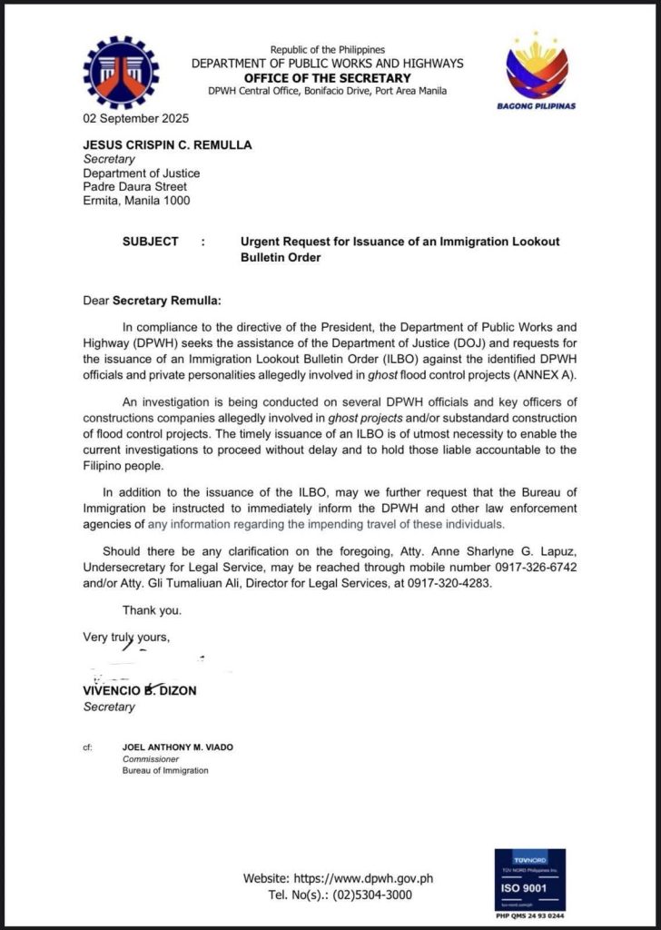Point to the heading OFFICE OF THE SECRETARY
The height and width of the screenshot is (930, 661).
point(327,77)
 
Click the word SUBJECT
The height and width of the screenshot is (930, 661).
point(151,242)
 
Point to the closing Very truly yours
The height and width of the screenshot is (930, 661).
point(126,636)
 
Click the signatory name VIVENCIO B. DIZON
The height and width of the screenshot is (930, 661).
point(140,690)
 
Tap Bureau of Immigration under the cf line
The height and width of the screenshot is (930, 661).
point(165,770)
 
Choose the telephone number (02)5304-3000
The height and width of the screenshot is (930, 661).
point(389,895)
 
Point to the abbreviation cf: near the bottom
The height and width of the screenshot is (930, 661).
point(87,747)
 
